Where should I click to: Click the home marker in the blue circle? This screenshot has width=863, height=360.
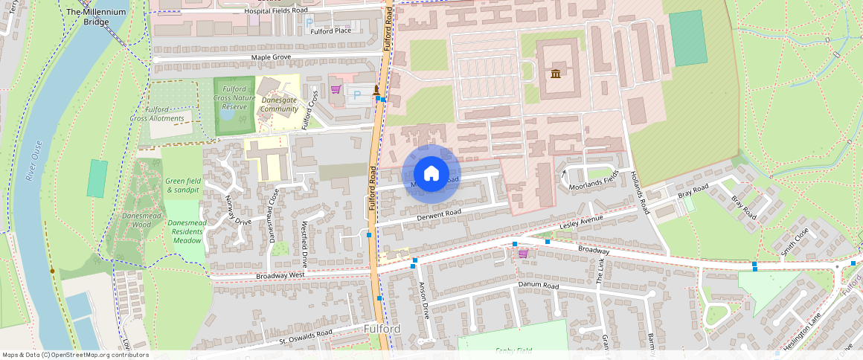click(431, 174)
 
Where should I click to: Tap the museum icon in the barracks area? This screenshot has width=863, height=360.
click(556, 73)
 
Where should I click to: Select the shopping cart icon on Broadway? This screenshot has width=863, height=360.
click(523, 254)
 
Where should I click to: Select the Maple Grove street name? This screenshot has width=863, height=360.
click(271, 57)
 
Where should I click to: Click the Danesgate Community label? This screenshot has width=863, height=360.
click(279, 104)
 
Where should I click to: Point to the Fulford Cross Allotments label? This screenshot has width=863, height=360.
click(157, 114)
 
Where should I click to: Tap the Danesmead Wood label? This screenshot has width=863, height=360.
click(136, 219)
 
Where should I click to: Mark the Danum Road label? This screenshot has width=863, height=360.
click(538, 285)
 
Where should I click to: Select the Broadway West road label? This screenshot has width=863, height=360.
click(280, 275)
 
